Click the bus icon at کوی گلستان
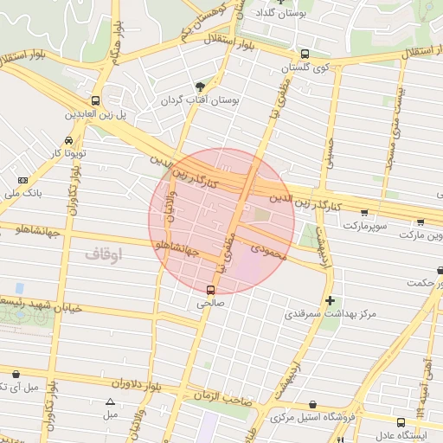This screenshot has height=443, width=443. [x=294, y=54]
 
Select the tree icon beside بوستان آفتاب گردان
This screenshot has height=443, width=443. [x=201, y=87]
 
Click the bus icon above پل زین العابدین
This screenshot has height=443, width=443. [x=95, y=100]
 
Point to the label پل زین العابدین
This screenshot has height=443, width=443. [x=97, y=113]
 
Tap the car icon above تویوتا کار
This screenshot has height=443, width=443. [x=68, y=140]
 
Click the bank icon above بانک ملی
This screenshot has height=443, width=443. [x=22, y=179]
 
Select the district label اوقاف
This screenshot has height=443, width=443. [x=105, y=254]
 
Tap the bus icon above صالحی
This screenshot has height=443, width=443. [x=211, y=290]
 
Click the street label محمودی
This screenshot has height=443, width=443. [x=269, y=248]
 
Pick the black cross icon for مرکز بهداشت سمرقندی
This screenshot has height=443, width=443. [x=330, y=300]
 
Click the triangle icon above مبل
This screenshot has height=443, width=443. [x=110, y=401]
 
